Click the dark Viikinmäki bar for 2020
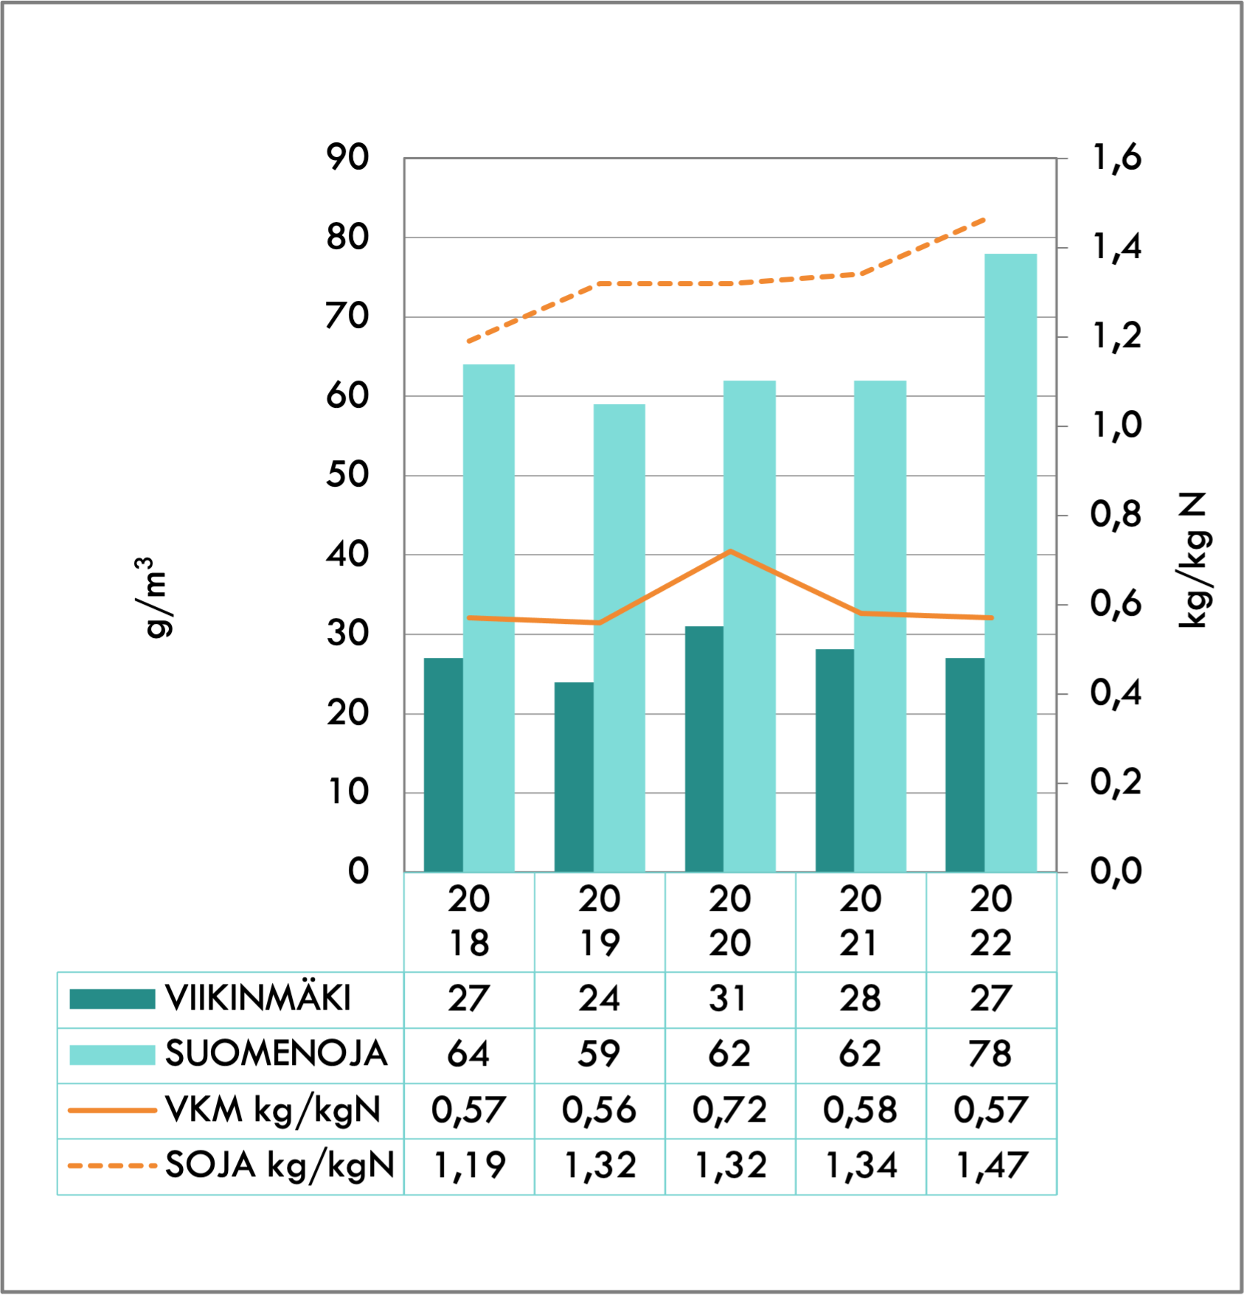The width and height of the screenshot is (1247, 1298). pyautogui.click(x=704, y=749)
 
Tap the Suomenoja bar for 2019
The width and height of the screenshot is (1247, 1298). pyautogui.click(x=619, y=638)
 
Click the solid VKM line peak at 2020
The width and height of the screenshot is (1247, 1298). pyautogui.click(x=730, y=551)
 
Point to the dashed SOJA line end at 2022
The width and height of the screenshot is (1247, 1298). pyautogui.click(x=984, y=219)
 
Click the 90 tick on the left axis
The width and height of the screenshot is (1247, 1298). pyautogui.click(x=347, y=157)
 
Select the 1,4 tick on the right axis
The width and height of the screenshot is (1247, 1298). pyautogui.click(x=1116, y=247)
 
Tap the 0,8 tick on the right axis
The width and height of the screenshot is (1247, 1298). pyautogui.click(x=1116, y=515)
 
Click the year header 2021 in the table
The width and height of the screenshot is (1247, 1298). pyautogui.click(x=861, y=921)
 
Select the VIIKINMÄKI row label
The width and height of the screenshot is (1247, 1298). pyautogui.click(x=258, y=999)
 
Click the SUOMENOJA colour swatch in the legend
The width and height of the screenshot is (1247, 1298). pyautogui.click(x=112, y=1055)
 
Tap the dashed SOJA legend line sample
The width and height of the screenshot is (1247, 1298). pyautogui.click(x=112, y=1166)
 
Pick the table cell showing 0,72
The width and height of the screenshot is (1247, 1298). pyautogui.click(x=730, y=1110)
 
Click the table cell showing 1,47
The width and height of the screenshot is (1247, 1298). pyautogui.click(x=991, y=1166)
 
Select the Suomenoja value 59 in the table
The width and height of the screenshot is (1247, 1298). pyautogui.click(x=599, y=1055)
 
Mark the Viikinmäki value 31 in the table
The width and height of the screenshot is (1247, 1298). pyautogui.click(x=730, y=999)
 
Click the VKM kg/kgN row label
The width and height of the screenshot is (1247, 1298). pyautogui.click(x=273, y=1110)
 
